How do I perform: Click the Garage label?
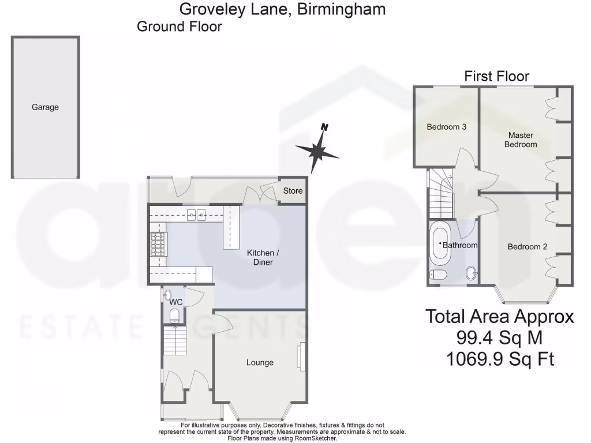pos(45,107)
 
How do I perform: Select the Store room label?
pos(292,191)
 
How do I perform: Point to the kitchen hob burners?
pos(157,244)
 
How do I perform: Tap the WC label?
pos(177,302)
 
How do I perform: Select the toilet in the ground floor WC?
pos(174,314)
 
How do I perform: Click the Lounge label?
pos(260,362)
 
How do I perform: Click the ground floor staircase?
pos(174,340)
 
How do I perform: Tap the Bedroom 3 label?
pos(446,127)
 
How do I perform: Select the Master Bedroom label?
pos(521,140)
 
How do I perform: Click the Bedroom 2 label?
pos(527,247)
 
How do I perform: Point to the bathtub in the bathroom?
pos(440,245)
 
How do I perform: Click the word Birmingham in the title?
pos(341,9)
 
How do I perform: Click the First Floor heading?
pos(496,76)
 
